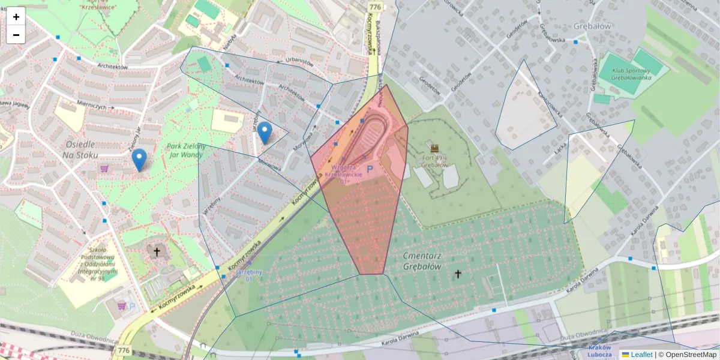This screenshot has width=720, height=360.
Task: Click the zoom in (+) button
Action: (x=16, y=16)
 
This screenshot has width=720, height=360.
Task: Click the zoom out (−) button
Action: (x=16, y=35)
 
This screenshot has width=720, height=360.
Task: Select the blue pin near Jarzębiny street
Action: (x=265, y=133)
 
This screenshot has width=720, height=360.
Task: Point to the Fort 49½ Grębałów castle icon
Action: (x=435, y=147)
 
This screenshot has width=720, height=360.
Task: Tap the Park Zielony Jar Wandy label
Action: (x=186, y=151)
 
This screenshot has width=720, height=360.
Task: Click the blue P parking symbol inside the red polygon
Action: (x=370, y=170)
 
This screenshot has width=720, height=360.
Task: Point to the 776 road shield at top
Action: (x=375, y=7)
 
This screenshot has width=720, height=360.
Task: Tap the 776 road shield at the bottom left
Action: (x=124, y=350)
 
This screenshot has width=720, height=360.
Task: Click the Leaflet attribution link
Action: (x=641, y=355)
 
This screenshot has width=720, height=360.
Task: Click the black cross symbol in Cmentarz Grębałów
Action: (x=458, y=274)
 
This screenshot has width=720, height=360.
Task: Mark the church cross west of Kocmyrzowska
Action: (x=157, y=252)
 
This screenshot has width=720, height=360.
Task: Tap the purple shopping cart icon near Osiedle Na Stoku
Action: (x=104, y=169)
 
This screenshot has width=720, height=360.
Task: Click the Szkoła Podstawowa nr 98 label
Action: (x=97, y=264)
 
